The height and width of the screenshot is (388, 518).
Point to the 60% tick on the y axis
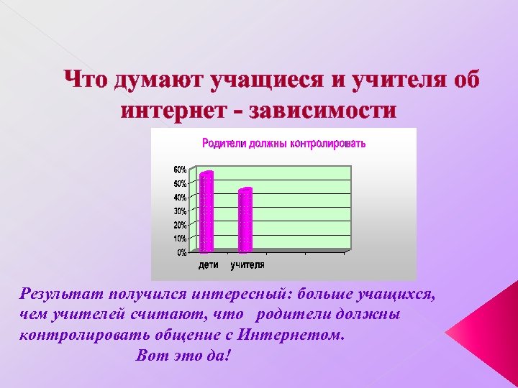click(179, 170)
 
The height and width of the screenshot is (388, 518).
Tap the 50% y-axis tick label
click(179, 183)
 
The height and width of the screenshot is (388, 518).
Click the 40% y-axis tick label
click(179, 197)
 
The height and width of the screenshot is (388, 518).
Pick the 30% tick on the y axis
click(179, 211)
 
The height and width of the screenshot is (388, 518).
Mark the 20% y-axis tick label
click(179, 225)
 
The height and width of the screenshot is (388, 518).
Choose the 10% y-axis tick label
click(179, 239)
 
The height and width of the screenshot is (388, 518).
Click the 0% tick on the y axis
click(181, 252)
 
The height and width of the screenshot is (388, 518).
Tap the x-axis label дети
click(209, 265)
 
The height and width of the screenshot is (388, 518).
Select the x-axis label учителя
click(247, 265)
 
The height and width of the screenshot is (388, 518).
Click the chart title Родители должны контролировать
click(283, 144)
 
